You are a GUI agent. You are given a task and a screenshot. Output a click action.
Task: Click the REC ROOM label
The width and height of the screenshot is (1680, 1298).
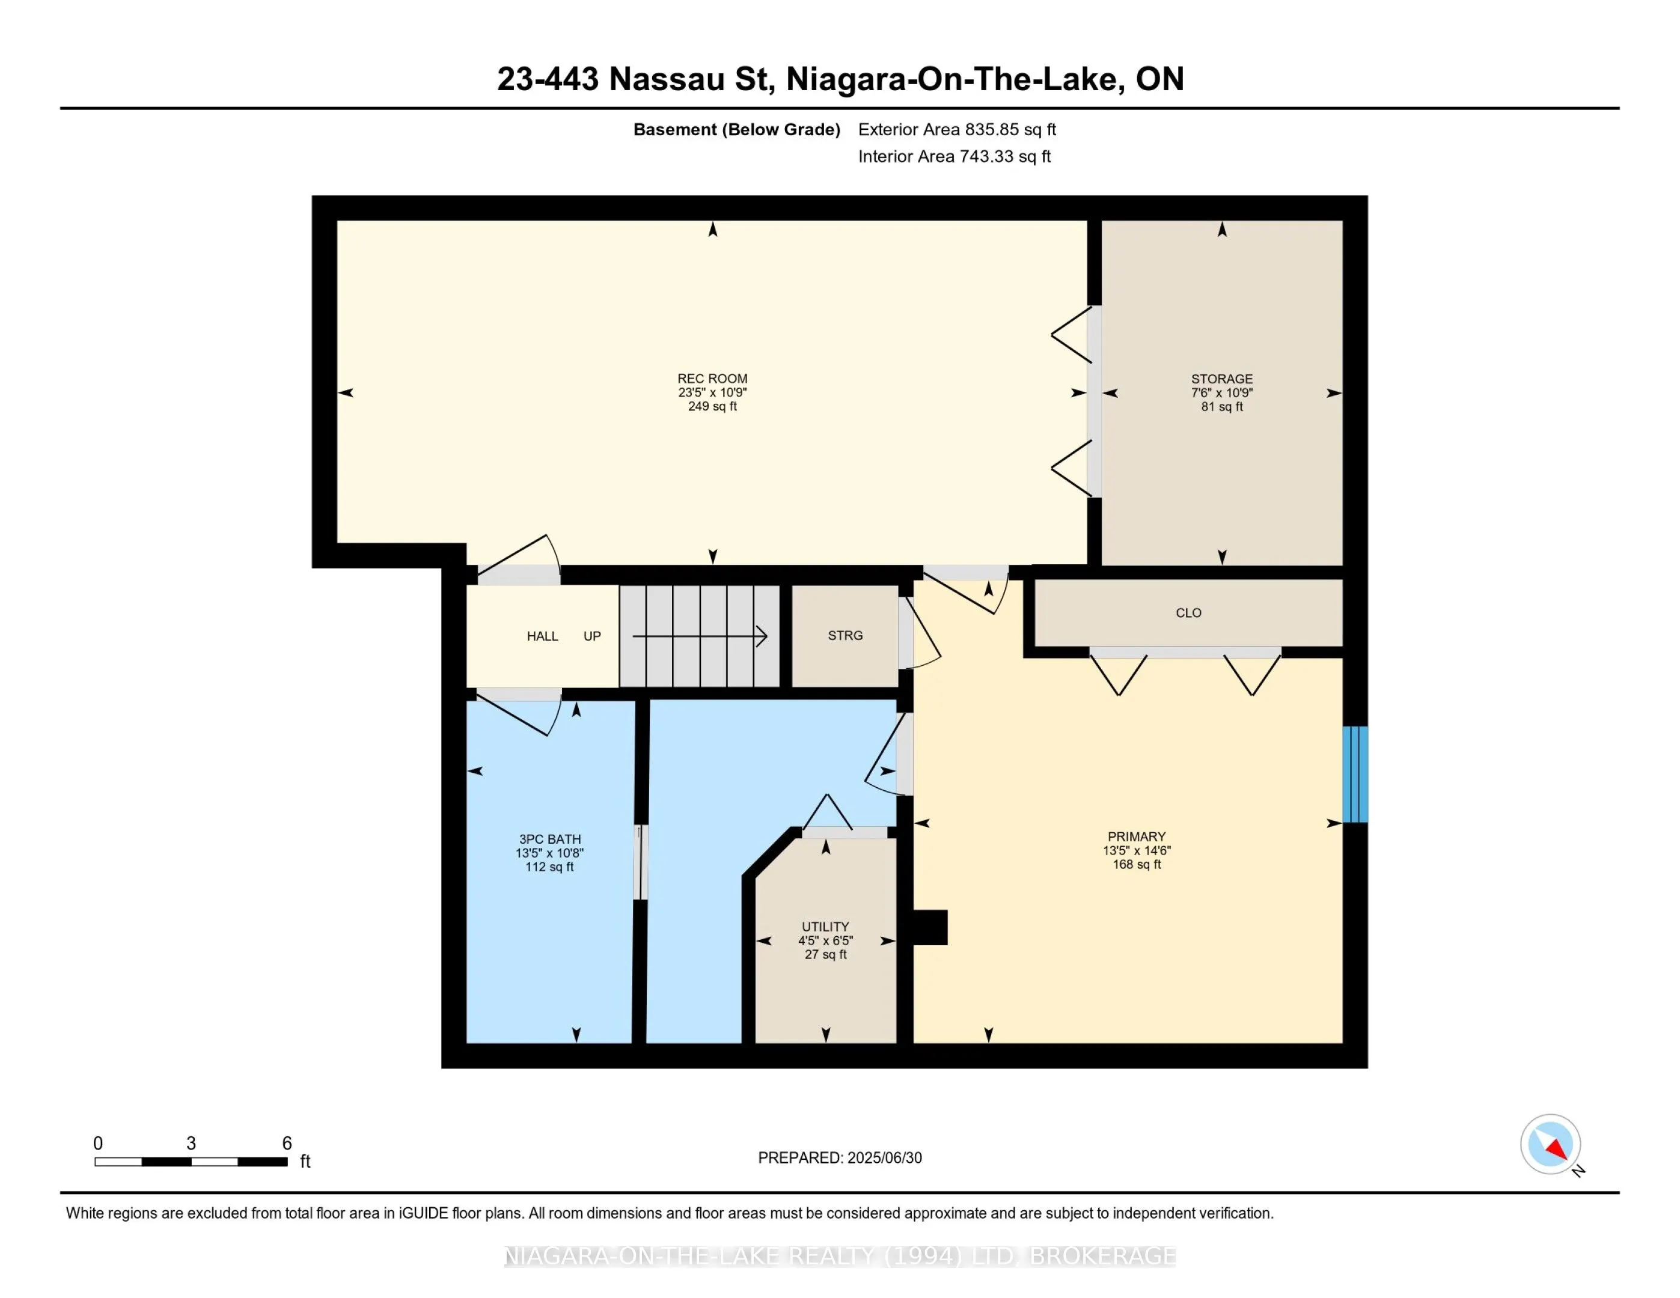click(712, 379)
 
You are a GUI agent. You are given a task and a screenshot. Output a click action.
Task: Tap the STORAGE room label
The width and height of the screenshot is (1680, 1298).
click(1221, 379)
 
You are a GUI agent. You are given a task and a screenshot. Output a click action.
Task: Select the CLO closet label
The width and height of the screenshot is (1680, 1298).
click(1188, 613)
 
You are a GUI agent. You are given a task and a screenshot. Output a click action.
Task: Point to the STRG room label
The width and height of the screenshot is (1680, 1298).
click(845, 636)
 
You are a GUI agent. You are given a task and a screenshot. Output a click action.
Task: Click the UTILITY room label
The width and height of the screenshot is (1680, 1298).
click(825, 927)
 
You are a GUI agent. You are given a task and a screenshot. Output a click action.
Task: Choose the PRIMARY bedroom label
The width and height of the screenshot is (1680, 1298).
click(1136, 836)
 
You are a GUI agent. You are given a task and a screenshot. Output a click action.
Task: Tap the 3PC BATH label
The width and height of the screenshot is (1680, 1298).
click(549, 839)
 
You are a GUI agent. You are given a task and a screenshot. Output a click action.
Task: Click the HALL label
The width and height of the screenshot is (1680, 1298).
click(542, 636)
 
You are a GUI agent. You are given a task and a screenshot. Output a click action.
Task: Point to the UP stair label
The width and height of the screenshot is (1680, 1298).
click(591, 636)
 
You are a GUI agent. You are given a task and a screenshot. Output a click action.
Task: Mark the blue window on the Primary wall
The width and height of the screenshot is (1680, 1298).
click(1355, 775)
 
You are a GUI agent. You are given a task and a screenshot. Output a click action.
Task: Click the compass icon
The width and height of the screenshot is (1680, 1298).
click(1551, 1144)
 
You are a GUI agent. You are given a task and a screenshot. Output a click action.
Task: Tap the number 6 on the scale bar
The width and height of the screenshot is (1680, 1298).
click(287, 1144)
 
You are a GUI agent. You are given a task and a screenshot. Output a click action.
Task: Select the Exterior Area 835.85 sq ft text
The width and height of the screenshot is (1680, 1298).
click(957, 129)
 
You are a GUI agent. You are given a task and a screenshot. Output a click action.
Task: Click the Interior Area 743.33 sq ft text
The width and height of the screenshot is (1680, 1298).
click(955, 156)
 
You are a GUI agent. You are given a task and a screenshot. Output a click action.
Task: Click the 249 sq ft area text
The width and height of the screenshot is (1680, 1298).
click(712, 406)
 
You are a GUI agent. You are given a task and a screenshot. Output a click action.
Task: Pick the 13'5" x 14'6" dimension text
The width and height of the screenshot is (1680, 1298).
click(1136, 850)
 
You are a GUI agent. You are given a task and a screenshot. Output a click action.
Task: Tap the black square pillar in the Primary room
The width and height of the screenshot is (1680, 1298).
click(930, 927)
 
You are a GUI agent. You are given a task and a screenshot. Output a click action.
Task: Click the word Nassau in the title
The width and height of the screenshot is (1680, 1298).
click(666, 79)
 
